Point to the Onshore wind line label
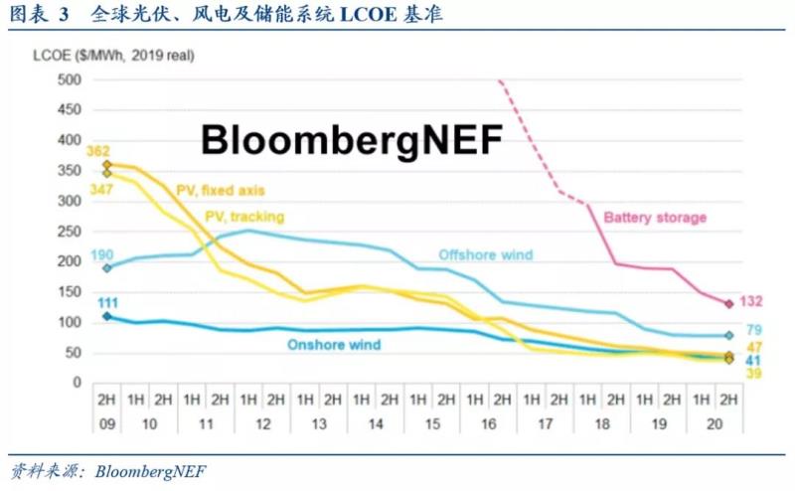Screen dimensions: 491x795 (334, 345)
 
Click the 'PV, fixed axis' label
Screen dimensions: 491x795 (222, 189)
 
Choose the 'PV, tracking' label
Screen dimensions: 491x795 (244, 216)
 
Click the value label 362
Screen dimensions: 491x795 (97, 151)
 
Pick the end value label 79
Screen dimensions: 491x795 (754, 330)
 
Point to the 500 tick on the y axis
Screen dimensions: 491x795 (68, 81)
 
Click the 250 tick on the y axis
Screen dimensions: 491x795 (68, 232)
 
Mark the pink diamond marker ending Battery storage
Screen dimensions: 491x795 (728, 304)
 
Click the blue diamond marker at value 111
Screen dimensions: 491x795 (107, 317)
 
